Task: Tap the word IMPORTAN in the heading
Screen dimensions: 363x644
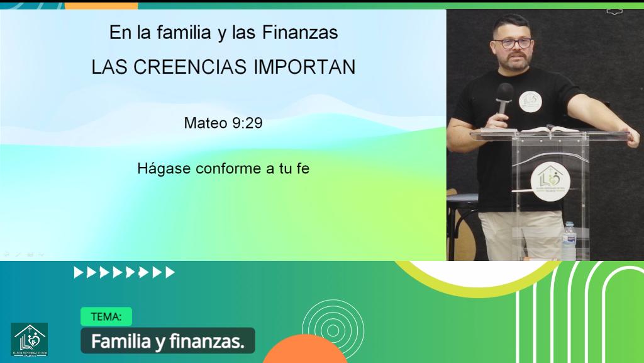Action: [x=304, y=67]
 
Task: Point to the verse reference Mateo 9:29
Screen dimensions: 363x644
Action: [x=223, y=123]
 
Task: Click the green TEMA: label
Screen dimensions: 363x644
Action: [x=106, y=316]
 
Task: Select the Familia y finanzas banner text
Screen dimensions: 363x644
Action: [x=167, y=341]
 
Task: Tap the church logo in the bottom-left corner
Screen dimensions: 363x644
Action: [x=29, y=340]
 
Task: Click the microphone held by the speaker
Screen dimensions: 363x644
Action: [x=504, y=98]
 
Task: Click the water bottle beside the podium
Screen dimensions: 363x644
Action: [x=569, y=241]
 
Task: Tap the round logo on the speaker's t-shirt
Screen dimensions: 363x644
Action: [x=530, y=101]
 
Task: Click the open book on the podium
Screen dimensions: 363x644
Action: [x=548, y=130]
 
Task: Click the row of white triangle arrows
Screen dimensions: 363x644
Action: [x=124, y=272]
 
